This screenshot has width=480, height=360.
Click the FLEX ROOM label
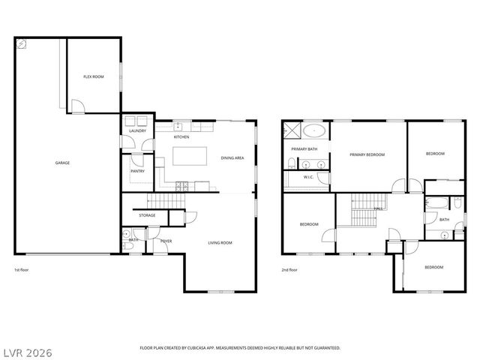(x=93, y=77)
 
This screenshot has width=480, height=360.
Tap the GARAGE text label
(x=62, y=163)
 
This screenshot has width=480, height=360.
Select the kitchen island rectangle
(x=190, y=157)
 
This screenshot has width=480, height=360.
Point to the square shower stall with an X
(x=290, y=131)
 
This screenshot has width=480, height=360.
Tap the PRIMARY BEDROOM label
(x=367, y=154)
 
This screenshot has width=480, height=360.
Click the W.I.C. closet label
(x=308, y=177)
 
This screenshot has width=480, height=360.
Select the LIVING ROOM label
(x=220, y=242)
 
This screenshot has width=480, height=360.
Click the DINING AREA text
(x=232, y=158)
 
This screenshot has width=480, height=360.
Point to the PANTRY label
(x=137, y=170)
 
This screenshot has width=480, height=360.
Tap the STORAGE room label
(x=147, y=216)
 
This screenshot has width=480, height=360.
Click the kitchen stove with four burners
(x=182, y=185)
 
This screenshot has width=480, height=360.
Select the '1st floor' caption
(x=22, y=269)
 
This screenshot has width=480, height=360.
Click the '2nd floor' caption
(x=289, y=269)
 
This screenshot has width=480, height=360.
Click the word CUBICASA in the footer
(x=200, y=348)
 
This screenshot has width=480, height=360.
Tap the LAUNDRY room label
(x=137, y=131)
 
